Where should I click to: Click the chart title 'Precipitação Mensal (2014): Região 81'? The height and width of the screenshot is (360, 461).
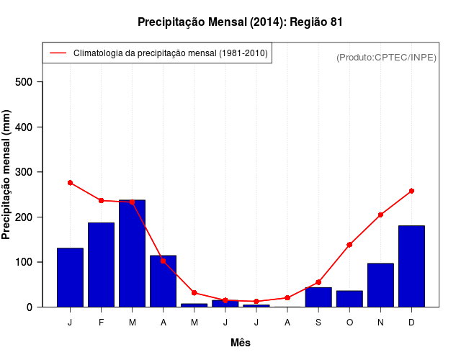click(240, 22)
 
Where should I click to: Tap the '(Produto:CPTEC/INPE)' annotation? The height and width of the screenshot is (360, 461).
click(386, 57)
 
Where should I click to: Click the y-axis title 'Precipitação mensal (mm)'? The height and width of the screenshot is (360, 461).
click(7, 175)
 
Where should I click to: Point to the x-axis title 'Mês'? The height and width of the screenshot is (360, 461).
click(240, 343)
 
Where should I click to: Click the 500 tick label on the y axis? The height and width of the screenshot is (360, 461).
click(24, 82)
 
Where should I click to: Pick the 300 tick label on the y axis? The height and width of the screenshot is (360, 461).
click(24, 172)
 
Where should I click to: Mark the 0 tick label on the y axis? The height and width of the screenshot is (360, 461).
click(30, 307)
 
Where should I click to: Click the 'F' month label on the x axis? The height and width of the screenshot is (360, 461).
click(102, 323)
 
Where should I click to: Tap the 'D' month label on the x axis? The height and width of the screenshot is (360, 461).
click(411, 323)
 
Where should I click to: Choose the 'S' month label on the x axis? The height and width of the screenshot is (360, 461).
click(318, 323)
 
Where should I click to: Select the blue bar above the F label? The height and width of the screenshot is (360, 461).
click(102, 265)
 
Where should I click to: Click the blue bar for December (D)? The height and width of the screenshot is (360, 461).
click(411, 266)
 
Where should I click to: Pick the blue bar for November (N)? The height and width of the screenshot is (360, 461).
click(380, 285)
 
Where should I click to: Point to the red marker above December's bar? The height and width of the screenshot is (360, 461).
click(411, 191)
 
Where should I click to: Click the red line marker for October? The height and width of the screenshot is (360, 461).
click(349, 245)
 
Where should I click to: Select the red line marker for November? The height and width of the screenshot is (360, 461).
click(380, 215)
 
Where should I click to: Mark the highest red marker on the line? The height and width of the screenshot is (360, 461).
click(71, 183)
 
